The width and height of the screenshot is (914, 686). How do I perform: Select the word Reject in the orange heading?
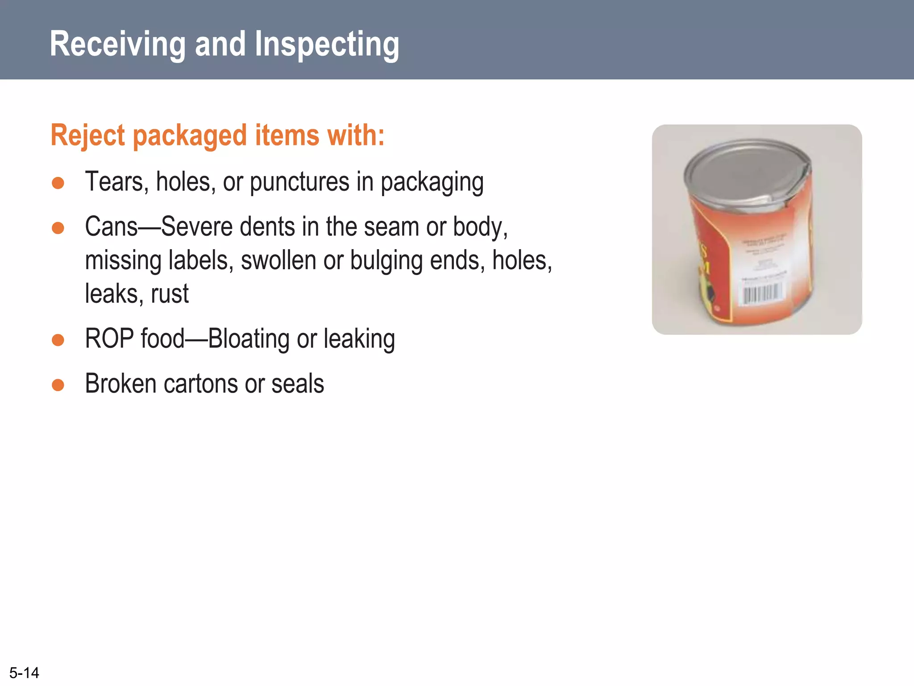coord(87,135)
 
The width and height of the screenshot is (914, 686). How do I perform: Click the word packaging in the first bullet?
coord(432,183)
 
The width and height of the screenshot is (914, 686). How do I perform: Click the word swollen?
coord(278,260)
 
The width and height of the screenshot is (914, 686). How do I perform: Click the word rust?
coord(170,294)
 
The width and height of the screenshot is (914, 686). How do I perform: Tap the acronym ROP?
coord(109,339)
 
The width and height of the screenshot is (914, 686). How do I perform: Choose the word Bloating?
coord(249,339)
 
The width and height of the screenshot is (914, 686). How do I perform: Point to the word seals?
coord(297,384)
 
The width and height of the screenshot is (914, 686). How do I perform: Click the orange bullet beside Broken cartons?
coord(58,385)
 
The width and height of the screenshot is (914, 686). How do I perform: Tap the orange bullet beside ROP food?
coord(58,340)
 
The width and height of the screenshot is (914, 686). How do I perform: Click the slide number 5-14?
coord(24,673)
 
